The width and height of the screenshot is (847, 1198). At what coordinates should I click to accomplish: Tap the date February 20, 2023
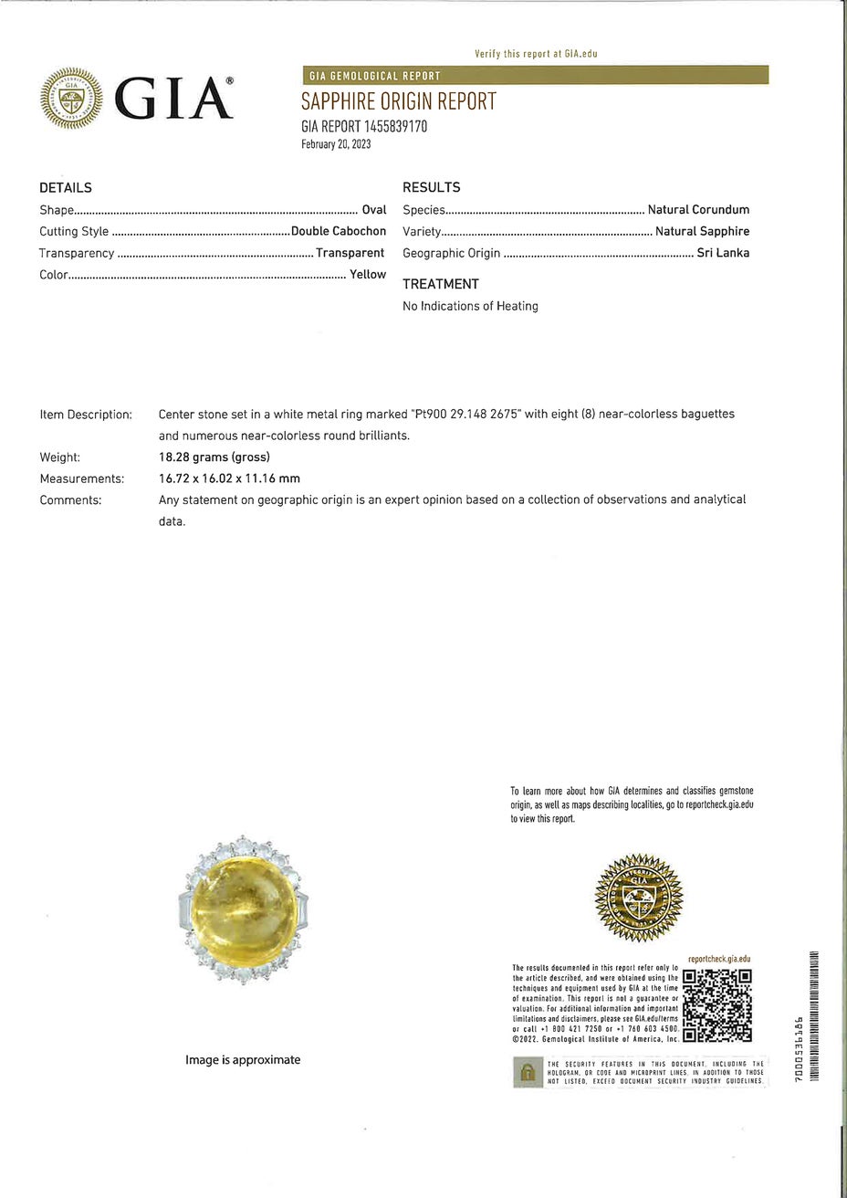coord(336,144)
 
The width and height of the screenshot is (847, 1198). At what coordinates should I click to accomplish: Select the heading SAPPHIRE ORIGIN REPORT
coord(399,101)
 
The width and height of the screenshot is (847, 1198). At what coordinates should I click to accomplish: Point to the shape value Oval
coord(374,210)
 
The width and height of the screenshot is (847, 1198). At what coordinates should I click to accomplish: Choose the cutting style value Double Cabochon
coord(339,231)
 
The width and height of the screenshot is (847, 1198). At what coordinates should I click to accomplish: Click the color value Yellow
coord(368,274)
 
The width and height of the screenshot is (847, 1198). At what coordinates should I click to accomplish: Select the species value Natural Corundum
coord(698,210)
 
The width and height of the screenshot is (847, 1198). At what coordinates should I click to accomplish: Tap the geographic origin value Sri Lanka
coord(723,253)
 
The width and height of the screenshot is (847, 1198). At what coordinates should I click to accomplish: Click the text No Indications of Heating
coord(470,306)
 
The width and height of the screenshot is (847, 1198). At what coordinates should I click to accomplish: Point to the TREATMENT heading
coord(440,284)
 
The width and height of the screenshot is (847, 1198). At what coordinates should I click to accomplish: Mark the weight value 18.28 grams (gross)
coord(214,457)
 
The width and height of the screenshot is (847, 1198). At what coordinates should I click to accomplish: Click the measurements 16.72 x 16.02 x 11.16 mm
coord(229,478)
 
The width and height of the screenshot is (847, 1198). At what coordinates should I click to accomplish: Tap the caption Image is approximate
coord(243,1060)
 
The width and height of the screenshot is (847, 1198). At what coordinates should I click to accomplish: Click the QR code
coord(717,1004)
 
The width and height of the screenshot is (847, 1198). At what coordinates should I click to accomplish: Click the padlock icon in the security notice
coord(527,1073)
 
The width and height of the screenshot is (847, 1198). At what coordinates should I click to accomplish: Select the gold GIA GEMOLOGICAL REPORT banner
coord(535,76)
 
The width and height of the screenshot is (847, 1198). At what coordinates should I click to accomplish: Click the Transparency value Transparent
coord(350,253)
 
